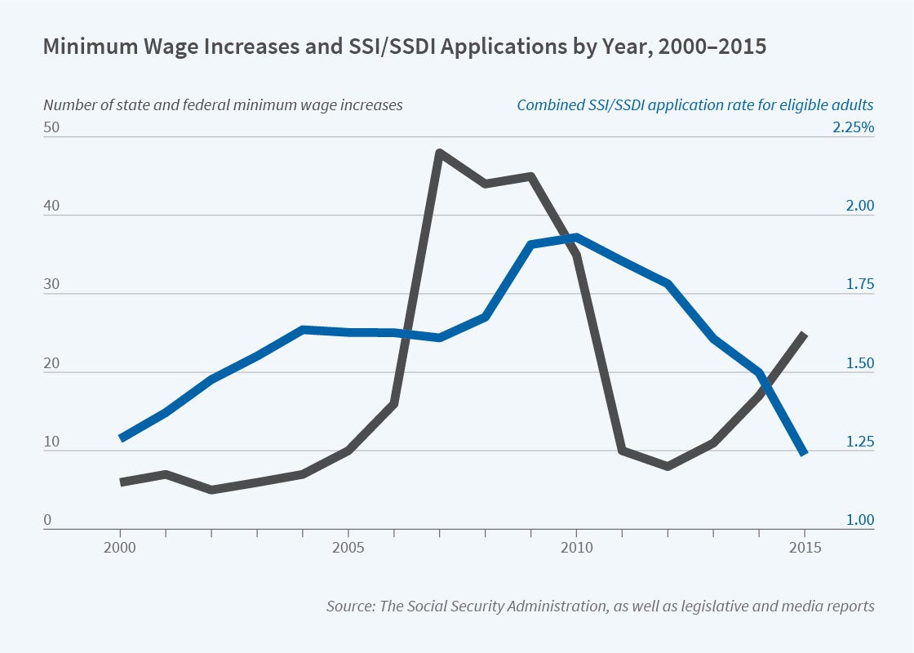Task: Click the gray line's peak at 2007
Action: tap(439, 153)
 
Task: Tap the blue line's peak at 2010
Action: tap(576, 238)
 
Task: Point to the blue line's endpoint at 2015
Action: tap(804, 452)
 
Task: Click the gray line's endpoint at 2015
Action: tap(804, 334)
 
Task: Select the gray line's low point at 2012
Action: tap(668, 466)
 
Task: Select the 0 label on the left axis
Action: tap(47, 521)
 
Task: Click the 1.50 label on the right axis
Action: tap(859, 364)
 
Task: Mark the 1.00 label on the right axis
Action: tap(859, 521)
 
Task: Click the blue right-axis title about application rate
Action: tap(695, 104)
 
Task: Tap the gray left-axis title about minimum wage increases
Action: tap(223, 104)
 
